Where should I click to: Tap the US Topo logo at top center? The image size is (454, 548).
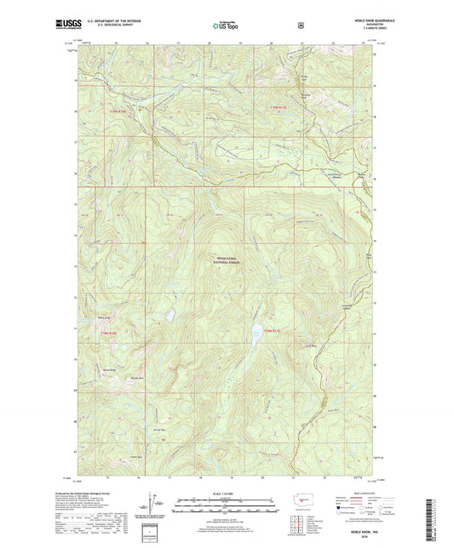(x=224, y=27)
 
